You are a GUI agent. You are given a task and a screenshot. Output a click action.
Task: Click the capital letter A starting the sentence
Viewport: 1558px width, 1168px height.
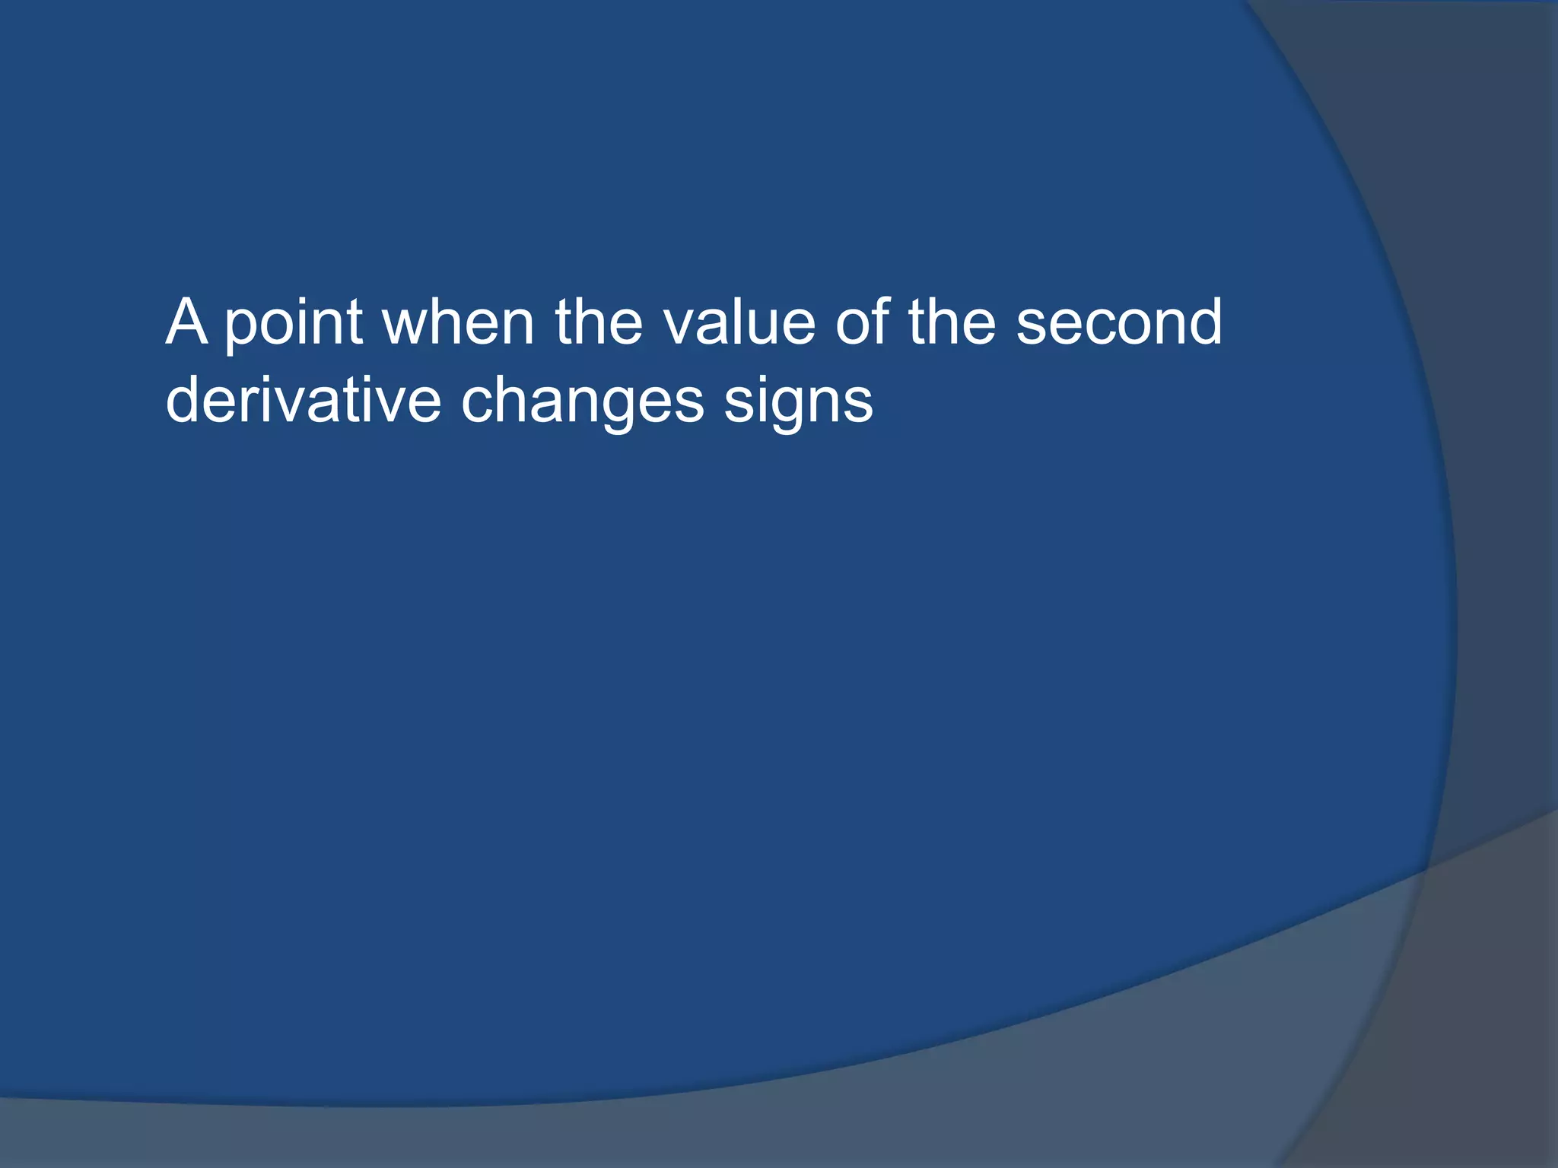click(x=186, y=322)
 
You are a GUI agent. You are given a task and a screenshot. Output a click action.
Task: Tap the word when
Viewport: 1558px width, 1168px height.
click(x=458, y=322)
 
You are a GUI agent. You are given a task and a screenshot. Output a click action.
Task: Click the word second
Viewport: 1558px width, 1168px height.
click(x=1119, y=322)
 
